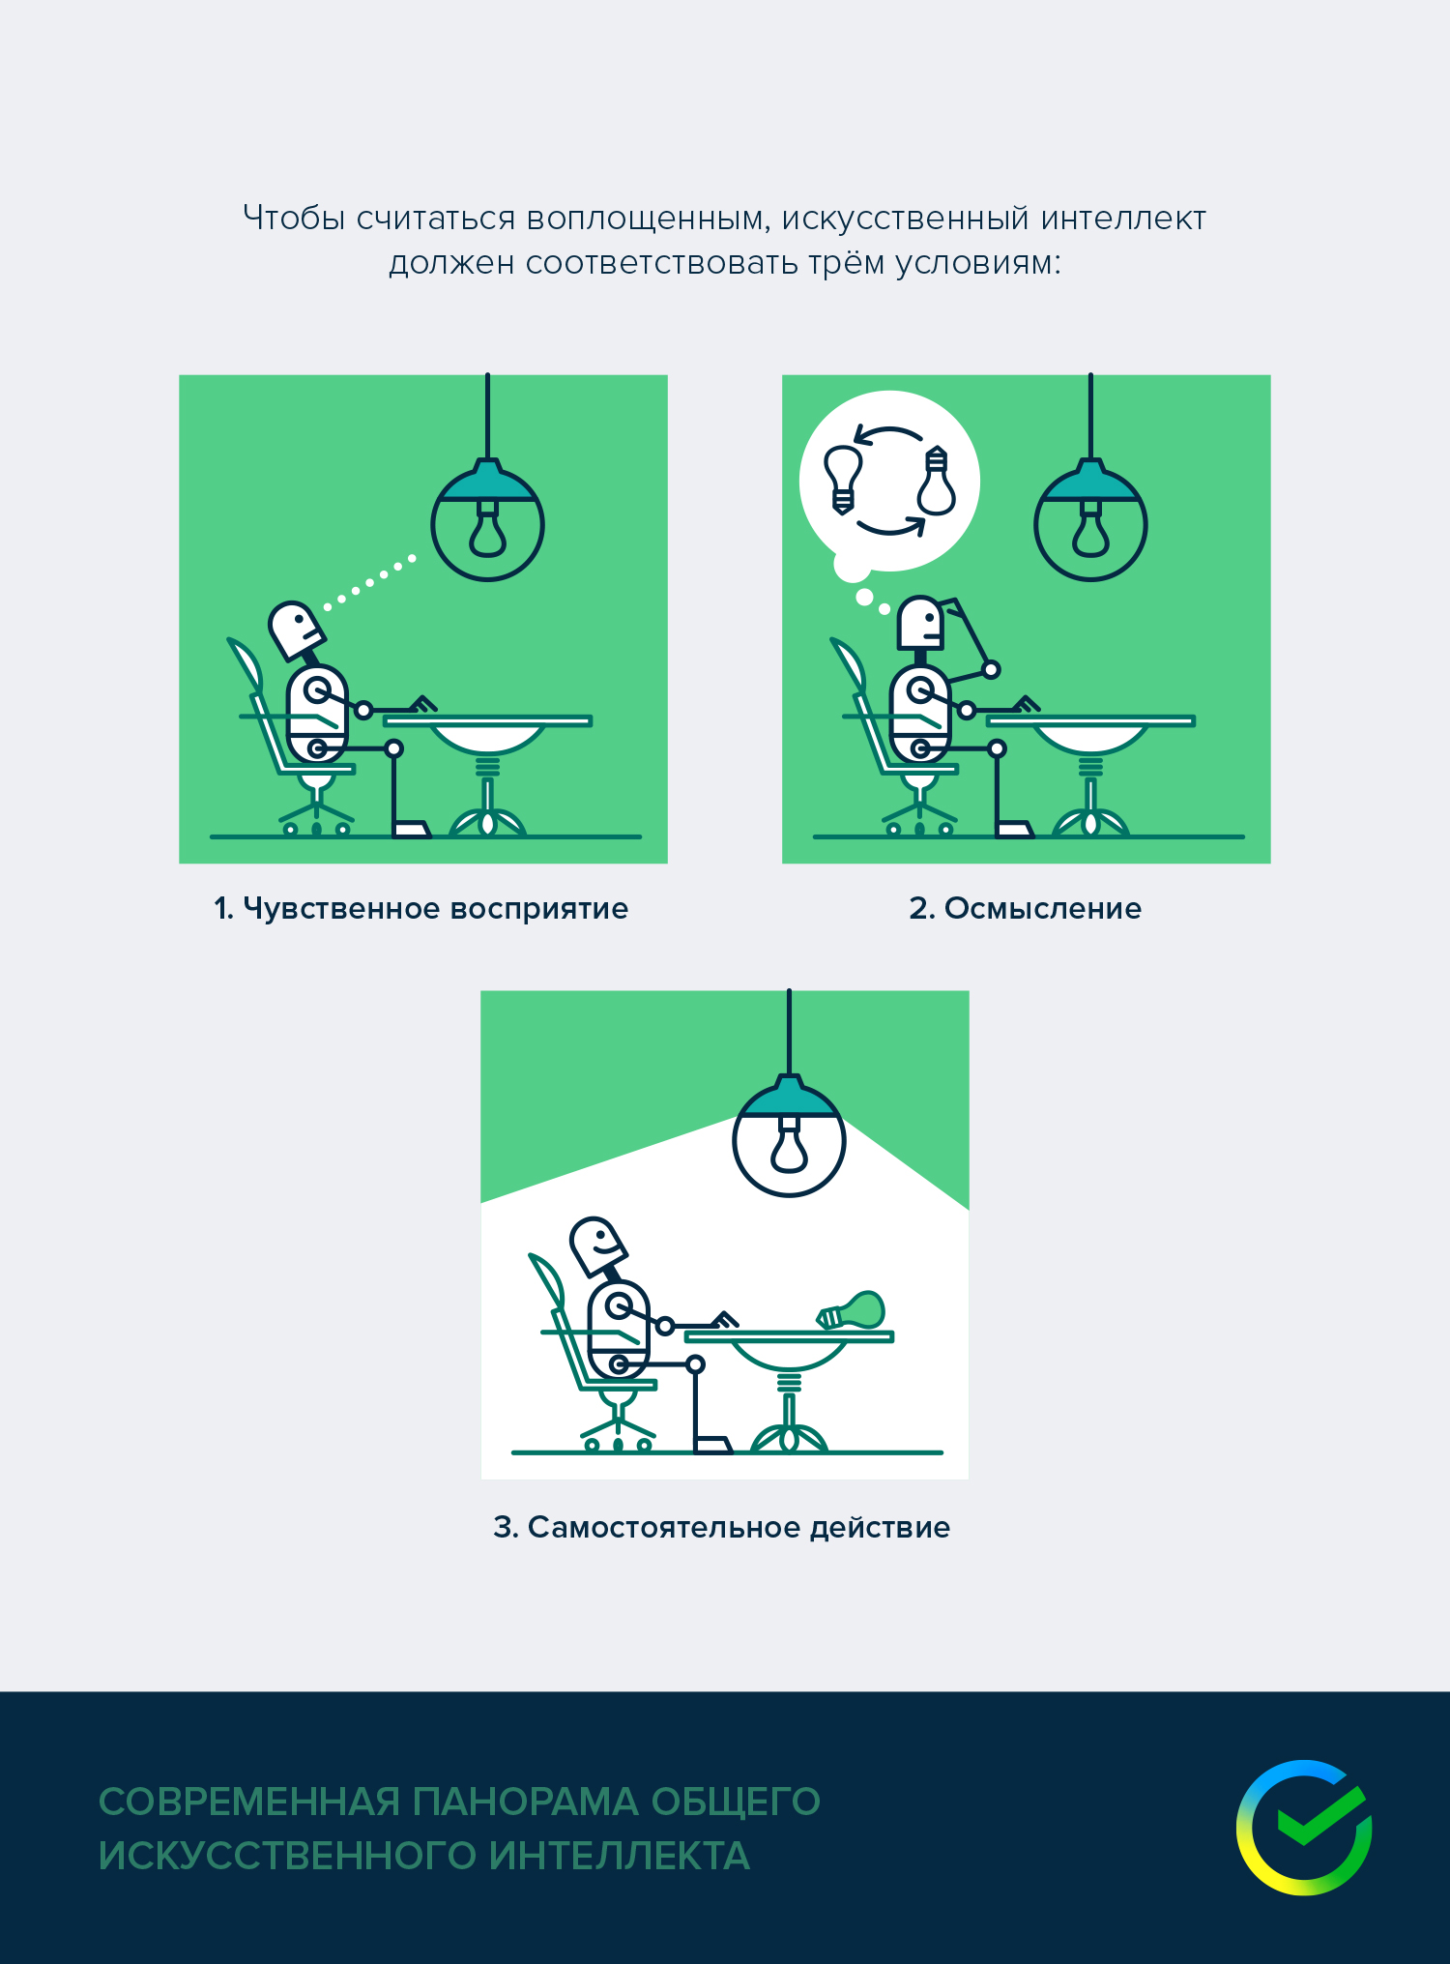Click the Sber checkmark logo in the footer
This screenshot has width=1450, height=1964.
pos(1304,1828)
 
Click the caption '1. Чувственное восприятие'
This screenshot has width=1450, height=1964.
pos(421,909)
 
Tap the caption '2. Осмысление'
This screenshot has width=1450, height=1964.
pos(1025,909)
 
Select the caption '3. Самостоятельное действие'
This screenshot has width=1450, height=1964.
pos(722,1528)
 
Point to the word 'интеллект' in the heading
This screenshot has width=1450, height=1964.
pos(1123,219)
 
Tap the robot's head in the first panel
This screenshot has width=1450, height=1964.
pos(295,630)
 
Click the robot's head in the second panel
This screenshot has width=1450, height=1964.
pos(919,623)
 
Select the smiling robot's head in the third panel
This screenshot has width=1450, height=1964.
pos(597,1246)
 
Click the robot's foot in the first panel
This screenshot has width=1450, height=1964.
pos(411,829)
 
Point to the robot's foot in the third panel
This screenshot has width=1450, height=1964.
pos(713,1445)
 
